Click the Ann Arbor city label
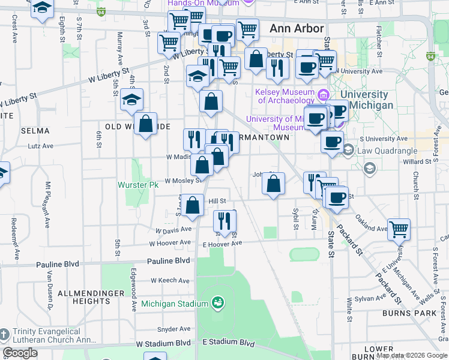(x=297, y=28)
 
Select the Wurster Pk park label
(x=137, y=185)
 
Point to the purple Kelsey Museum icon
(x=324, y=94)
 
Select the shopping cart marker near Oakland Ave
(x=399, y=229)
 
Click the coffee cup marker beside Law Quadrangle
(x=332, y=142)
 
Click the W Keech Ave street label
(x=171, y=280)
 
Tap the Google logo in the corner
(x=20, y=353)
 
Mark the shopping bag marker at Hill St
(x=193, y=205)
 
